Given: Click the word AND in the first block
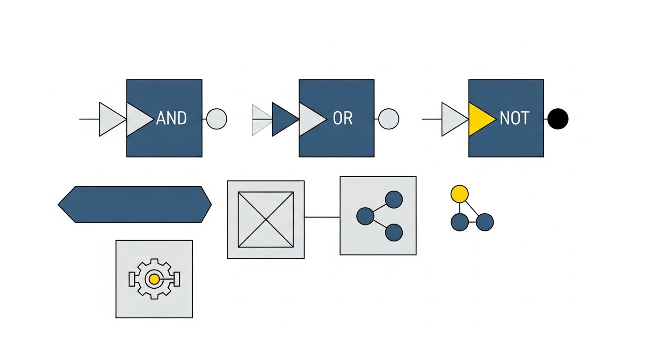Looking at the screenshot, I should [172, 119].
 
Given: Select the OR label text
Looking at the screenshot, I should [342, 119].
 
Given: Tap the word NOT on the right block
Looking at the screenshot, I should [514, 119].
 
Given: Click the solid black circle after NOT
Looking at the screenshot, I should [558, 119].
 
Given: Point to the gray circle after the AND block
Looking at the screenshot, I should [217, 119].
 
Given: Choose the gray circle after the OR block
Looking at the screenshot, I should [389, 119].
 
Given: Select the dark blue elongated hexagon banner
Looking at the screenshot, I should [135, 204].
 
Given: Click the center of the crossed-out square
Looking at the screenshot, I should [266, 219].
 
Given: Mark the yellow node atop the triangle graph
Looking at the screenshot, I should [459, 194].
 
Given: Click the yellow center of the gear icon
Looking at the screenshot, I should [154, 279].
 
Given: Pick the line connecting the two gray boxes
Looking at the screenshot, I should [322, 217].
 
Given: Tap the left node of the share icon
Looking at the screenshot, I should [365, 216].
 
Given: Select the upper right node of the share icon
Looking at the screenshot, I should [394, 200].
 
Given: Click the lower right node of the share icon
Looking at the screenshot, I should [394, 232].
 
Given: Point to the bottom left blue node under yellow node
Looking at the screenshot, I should [459, 222].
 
